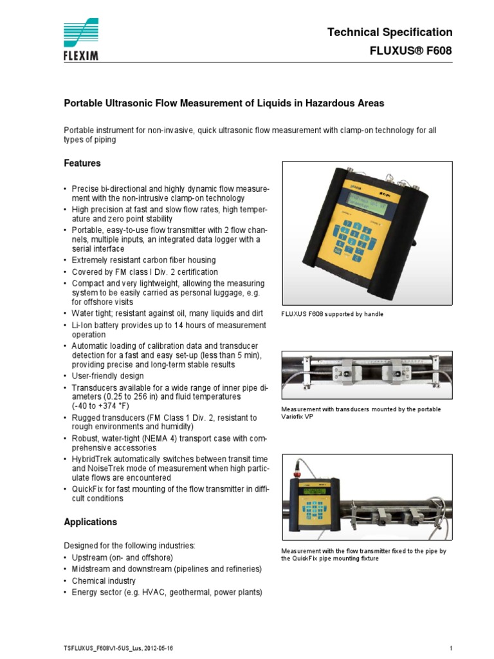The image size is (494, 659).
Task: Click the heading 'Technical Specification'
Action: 390,32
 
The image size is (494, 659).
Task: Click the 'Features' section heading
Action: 82,163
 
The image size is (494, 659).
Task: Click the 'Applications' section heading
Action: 90,522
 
